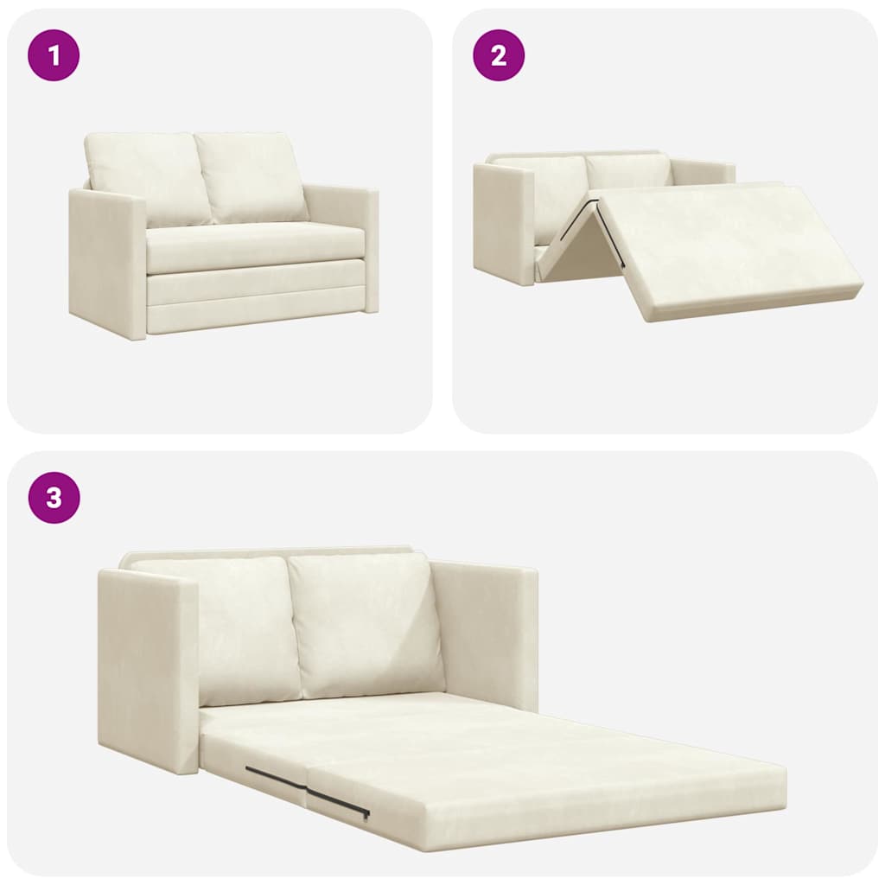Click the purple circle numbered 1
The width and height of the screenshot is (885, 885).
click(x=54, y=55)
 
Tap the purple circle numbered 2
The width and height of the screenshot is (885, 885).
click(x=498, y=55)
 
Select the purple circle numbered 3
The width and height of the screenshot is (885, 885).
click(x=54, y=498)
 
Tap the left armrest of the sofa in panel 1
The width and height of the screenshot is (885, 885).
click(x=106, y=264)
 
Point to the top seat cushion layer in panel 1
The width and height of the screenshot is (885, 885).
click(x=255, y=246)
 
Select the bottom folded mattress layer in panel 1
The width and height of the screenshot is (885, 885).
click(x=255, y=315)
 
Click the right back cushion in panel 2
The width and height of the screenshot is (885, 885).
click(x=628, y=170)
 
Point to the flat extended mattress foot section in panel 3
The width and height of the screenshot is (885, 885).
click(x=553, y=774)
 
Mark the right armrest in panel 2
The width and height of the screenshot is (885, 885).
click(x=702, y=171)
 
